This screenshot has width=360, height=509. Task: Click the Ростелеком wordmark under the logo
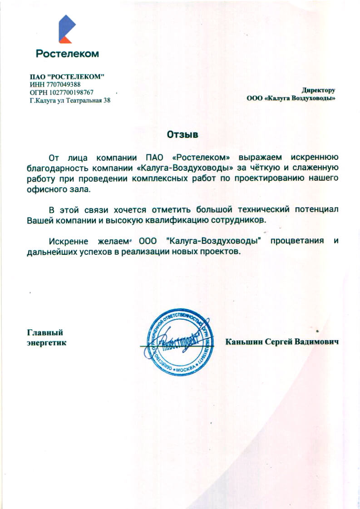point(67,54)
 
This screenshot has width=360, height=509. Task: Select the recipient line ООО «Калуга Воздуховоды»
point(291,98)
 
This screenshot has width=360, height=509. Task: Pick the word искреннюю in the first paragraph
point(314,158)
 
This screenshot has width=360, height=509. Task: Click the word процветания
point(297,240)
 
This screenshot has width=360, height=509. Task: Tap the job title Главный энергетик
point(46,337)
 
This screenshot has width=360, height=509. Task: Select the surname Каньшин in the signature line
point(244,342)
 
